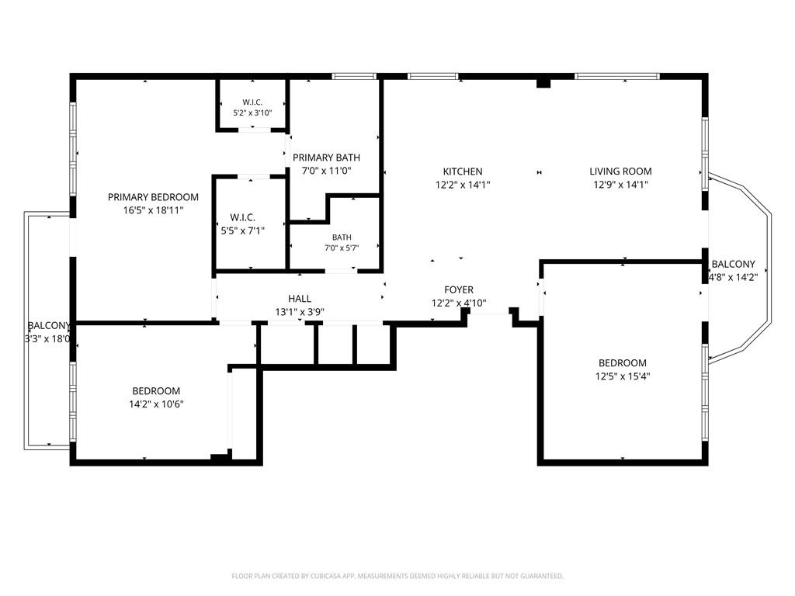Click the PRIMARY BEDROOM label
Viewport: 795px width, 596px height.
point(153,197)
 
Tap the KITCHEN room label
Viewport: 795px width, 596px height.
point(463,172)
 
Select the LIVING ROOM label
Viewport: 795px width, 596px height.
point(620,172)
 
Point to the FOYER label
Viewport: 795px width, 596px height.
point(459,289)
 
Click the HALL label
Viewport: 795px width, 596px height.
point(300,299)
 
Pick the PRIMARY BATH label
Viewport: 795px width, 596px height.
point(327,158)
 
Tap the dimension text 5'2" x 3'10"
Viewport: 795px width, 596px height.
point(252,113)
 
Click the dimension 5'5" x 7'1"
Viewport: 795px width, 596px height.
point(243,231)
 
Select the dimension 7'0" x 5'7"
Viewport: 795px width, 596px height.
point(342,248)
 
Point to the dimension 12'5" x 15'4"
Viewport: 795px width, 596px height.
point(623,376)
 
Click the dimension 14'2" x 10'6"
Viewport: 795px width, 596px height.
point(156,404)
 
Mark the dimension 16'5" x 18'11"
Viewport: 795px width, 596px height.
point(153,210)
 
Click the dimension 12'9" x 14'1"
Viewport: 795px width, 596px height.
point(620,185)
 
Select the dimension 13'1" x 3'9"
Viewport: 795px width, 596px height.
point(300,312)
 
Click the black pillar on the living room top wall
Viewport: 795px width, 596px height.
point(543,82)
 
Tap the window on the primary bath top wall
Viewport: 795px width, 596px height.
point(354,77)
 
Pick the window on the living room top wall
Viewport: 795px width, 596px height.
point(617,77)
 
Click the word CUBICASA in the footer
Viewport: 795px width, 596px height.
point(328,577)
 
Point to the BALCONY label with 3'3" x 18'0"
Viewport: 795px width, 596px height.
point(48,325)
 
